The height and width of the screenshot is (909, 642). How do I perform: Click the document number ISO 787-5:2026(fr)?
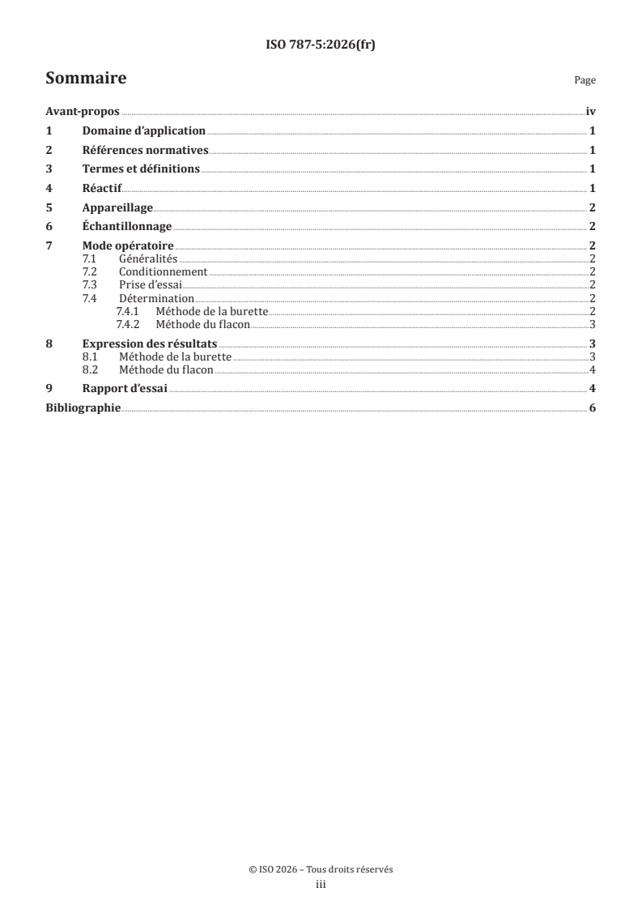(321, 45)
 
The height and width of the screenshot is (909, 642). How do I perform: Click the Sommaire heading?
(86, 79)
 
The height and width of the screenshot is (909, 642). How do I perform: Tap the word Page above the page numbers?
(585, 81)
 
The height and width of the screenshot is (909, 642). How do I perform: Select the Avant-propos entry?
(83, 113)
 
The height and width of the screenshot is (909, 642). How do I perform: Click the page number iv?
(590, 113)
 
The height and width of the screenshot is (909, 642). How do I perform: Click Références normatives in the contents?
(146, 151)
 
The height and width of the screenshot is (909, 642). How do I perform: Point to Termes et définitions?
(141, 169)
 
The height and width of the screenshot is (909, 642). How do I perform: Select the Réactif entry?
(102, 188)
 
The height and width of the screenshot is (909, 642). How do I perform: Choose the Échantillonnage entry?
(127, 226)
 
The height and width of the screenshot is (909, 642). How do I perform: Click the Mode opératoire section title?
(128, 245)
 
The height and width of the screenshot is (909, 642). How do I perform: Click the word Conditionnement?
(163, 272)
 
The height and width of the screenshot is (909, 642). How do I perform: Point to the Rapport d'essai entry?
(125, 389)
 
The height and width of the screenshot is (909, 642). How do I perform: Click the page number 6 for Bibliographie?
(593, 408)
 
